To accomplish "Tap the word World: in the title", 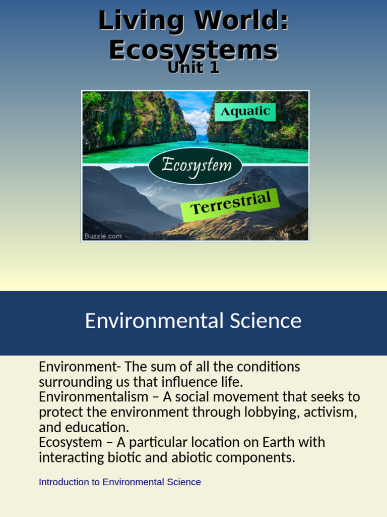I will (x=241, y=21).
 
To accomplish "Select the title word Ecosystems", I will (x=193, y=50).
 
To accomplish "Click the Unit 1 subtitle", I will (x=193, y=68).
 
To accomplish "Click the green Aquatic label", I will (x=245, y=112).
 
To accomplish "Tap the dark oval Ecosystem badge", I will (x=196, y=165).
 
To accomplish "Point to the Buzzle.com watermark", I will (x=103, y=236).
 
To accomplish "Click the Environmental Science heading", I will (x=193, y=321).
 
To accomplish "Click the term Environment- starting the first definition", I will (x=79, y=367).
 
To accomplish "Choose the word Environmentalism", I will (x=93, y=397).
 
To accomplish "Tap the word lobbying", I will (x=272, y=412).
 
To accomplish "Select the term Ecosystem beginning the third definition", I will (x=70, y=442).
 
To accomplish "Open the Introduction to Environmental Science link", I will (x=119, y=482).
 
